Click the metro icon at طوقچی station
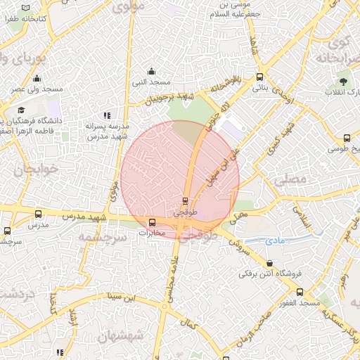[185, 200]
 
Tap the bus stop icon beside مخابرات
[152, 223]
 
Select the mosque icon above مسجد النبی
[151, 70]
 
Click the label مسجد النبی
[151, 82]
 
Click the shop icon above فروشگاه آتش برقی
[269, 263]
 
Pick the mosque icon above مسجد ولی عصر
[37, 79]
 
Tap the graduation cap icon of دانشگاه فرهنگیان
[22, 110]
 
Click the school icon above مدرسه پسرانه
[107, 115]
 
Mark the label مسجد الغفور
[298, 302]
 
